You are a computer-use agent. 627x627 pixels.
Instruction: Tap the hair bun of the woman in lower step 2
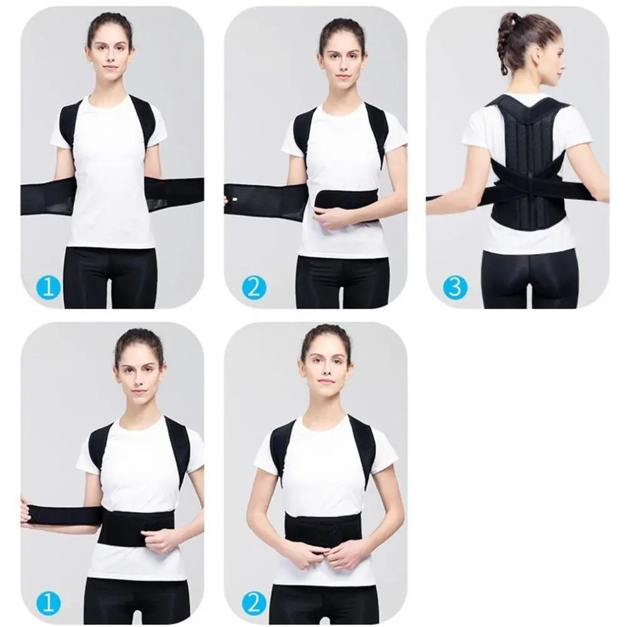[x=326, y=331]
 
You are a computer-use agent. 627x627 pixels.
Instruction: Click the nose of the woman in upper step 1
[x=110, y=60]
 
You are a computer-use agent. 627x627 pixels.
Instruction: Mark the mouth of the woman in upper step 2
[x=342, y=76]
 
